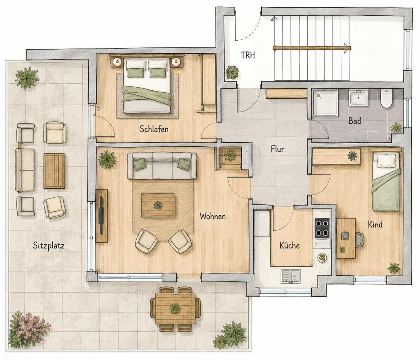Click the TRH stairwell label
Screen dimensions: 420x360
(x=247, y=55)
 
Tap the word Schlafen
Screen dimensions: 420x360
(x=154, y=129)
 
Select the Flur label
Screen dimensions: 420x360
(x=277, y=149)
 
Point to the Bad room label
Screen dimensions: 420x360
(x=354, y=121)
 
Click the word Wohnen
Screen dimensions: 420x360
(x=213, y=216)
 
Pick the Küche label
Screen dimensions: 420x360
(x=289, y=245)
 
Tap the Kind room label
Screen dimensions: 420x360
(x=375, y=224)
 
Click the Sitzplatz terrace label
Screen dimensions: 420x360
(x=49, y=245)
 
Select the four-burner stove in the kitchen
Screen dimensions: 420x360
(x=322, y=228)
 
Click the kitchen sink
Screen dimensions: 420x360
(x=291, y=276)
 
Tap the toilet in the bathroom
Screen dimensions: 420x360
(x=386, y=99)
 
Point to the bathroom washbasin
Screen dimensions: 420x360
(x=358, y=98)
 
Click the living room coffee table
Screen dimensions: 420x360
(x=158, y=205)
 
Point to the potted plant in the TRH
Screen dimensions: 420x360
(x=232, y=72)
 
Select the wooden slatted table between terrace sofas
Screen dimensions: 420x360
(x=54, y=171)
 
